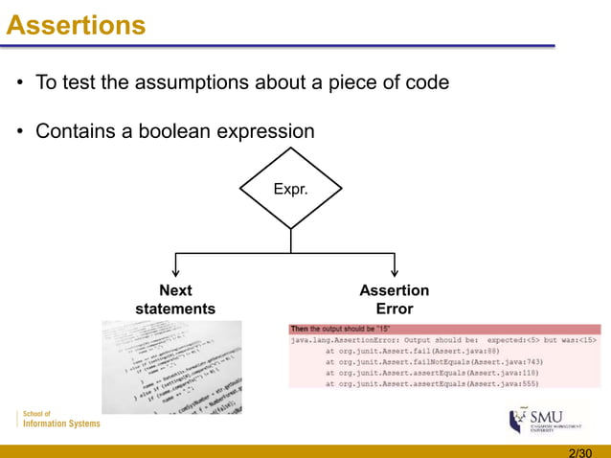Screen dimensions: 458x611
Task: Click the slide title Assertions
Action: pyautogui.click(x=77, y=24)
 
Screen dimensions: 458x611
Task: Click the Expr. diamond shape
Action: pyautogui.click(x=290, y=190)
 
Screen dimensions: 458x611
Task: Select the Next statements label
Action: pyautogui.click(x=175, y=299)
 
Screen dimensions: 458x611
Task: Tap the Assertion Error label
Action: pyautogui.click(x=394, y=299)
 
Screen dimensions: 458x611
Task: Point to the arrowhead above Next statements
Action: pyautogui.click(x=175, y=271)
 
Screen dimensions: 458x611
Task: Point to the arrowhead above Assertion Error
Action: pyautogui.click(x=394, y=271)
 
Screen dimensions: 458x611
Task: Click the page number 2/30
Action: pyautogui.click(x=580, y=451)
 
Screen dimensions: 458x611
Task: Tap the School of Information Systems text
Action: pyautogui.click(x=59, y=419)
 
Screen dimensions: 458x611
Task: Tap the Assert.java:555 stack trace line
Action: pyautogui.click(x=432, y=383)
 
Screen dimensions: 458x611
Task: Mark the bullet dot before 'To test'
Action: pyautogui.click(x=20, y=83)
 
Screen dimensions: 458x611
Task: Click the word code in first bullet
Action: pyautogui.click(x=428, y=82)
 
